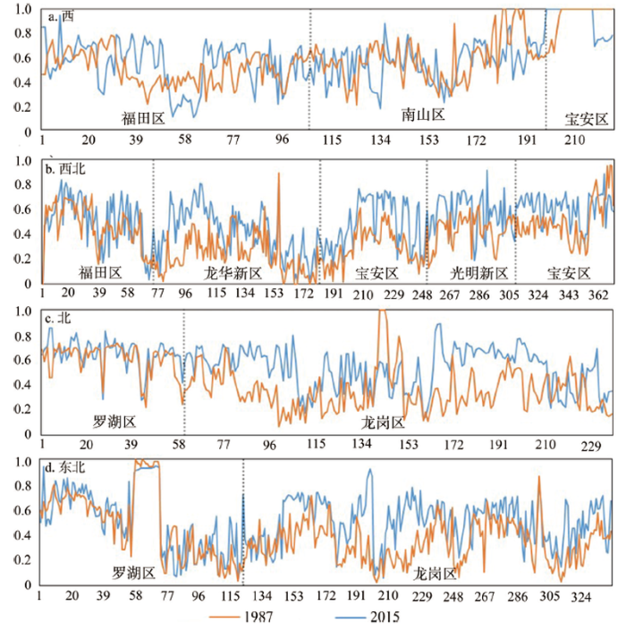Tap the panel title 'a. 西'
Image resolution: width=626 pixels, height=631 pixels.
coord(61,15)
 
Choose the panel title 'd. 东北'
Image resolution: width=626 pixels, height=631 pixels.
coord(66,466)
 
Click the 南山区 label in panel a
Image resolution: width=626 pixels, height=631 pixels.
coord(423,115)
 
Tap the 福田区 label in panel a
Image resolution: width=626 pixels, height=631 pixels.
coord(144,116)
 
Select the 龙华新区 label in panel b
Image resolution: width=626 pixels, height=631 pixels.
coord(232,272)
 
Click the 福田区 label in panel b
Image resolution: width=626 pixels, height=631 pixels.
coord(100,272)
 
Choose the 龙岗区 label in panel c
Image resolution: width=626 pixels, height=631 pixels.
coord(384,422)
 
